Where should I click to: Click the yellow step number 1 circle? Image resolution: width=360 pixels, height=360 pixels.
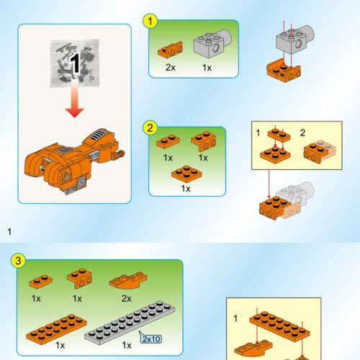coord(150,22)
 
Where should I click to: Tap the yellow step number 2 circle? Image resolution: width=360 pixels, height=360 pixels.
coord(150,129)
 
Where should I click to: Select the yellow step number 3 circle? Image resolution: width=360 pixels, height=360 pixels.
coord(21,260)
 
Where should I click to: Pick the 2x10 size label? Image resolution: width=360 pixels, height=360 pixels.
coord(150,338)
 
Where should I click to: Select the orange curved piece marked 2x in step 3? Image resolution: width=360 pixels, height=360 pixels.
coord(126,280)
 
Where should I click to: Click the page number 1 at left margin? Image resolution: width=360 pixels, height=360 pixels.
coord(9,231)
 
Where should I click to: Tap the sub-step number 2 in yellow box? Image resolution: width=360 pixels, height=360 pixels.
coord(303,132)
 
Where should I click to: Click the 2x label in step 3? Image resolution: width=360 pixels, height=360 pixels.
coord(127,297)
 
